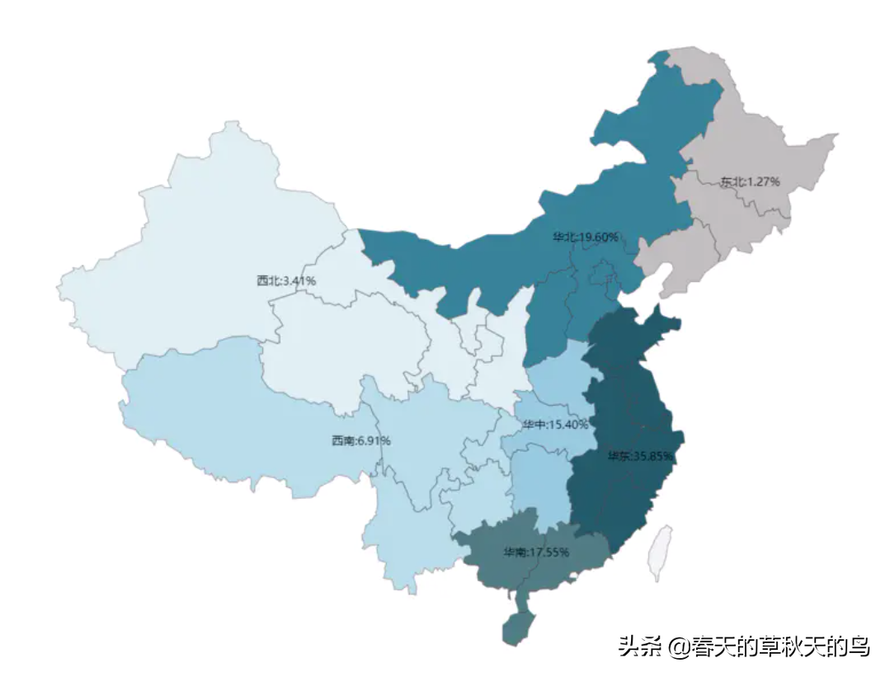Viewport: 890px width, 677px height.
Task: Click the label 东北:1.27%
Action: point(749,181)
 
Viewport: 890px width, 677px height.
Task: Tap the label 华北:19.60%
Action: point(585,237)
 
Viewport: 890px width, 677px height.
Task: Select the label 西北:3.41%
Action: point(286,280)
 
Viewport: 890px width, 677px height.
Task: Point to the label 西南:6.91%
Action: point(360,440)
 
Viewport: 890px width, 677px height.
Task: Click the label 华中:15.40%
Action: point(554,424)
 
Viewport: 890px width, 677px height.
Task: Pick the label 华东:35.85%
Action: point(641,456)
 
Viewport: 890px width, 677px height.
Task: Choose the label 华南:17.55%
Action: point(536,552)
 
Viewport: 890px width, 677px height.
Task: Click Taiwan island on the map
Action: point(660,552)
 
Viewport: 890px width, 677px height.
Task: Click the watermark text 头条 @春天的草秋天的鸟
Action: point(744,646)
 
